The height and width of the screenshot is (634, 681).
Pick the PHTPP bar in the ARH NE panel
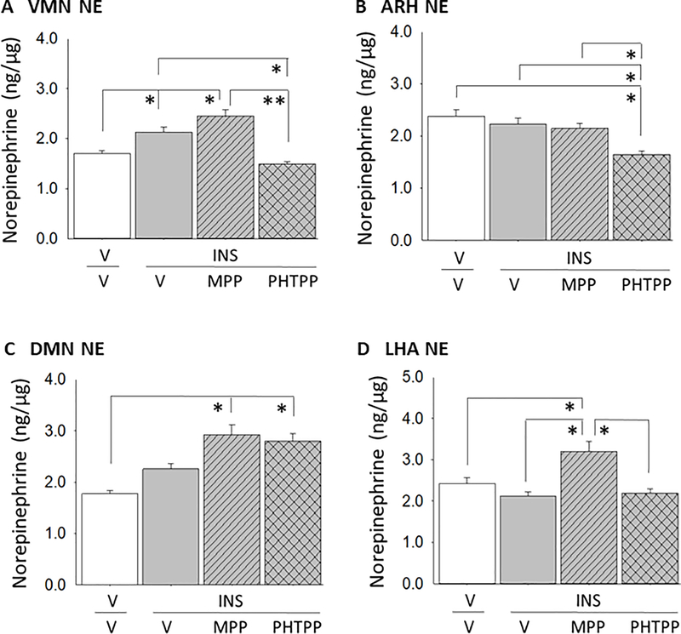(x=641, y=197)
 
